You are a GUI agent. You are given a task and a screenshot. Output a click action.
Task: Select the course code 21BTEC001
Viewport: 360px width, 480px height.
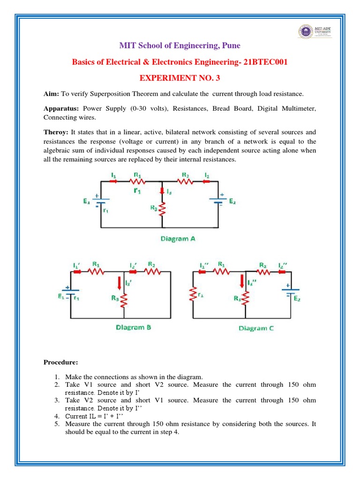click(x=264, y=62)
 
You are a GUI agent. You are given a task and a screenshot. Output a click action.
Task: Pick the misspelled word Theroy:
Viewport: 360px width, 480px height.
click(x=56, y=132)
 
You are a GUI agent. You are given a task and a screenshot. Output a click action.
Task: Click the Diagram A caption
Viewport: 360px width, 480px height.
click(x=178, y=239)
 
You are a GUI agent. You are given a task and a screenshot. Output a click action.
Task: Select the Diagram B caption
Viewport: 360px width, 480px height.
click(x=133, y=328)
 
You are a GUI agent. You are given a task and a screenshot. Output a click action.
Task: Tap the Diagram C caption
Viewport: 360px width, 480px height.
click(x=256, y=328)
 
